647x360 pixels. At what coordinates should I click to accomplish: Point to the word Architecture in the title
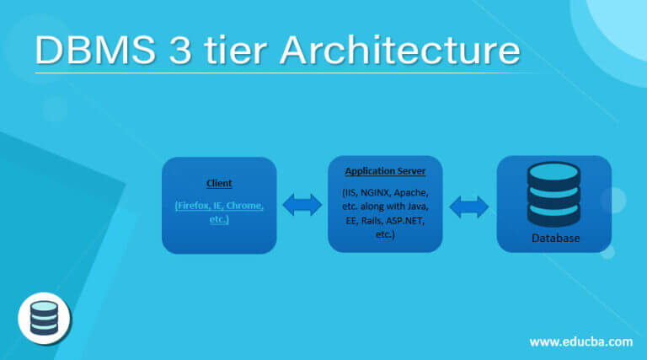click(x=399, y=51)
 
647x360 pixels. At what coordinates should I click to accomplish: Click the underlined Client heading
click(x=219, y=183)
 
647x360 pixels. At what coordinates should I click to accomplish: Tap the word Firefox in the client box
click(x=194, y=206)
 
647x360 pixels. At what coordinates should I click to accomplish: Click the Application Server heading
click(x=385, y=171)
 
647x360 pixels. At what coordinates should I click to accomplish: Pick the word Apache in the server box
click(x=416, y=193)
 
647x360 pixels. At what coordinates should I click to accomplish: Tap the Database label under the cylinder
click(x=555, y=239)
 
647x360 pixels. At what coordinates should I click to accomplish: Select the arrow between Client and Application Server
click(x=302, y=205)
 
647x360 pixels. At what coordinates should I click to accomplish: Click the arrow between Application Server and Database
click(x=470, y=205)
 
